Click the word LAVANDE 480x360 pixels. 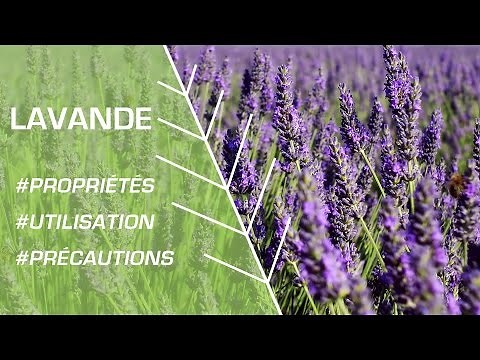coord(81,119)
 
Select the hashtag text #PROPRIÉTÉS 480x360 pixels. coord(86,186)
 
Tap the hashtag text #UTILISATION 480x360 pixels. coord(86,222)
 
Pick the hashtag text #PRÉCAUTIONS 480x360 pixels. coord(96,258)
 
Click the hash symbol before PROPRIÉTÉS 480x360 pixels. coord(22,186)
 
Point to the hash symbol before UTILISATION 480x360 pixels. coord(22,222)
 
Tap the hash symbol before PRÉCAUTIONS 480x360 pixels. coord(22,258)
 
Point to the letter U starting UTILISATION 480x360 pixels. coord(36,222)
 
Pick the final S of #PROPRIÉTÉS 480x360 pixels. coord(149,186)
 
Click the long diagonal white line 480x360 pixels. coord(222,180)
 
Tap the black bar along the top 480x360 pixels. coord(240,20)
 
